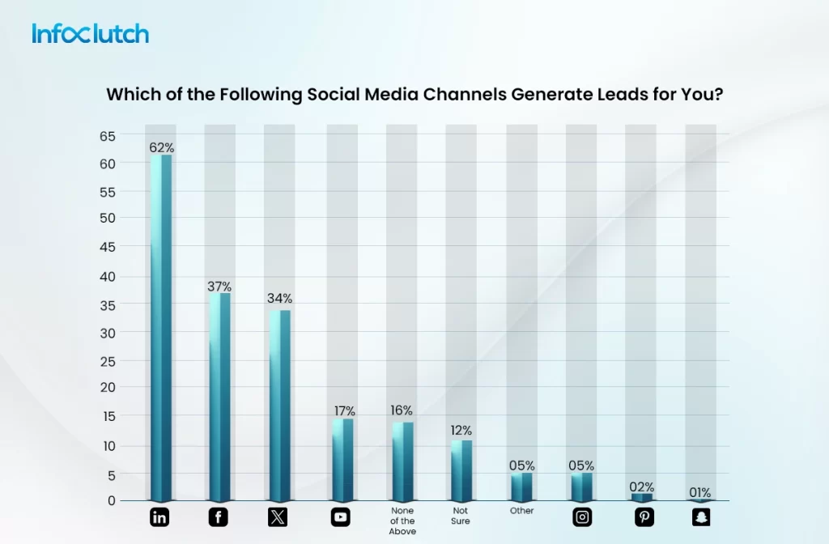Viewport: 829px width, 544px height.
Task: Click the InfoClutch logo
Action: tap(91, 33)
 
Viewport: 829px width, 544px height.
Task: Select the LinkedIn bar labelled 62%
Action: tap(160, 328)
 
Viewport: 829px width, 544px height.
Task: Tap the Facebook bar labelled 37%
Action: tap(219, 397)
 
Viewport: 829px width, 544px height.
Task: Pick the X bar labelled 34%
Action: tap(279, 405)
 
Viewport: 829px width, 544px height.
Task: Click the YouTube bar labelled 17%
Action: tap(342, 459)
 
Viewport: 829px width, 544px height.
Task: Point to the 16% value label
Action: tap(401, 410)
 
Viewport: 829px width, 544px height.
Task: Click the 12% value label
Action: tap(461, 430)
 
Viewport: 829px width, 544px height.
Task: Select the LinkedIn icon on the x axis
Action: tap(160, 517)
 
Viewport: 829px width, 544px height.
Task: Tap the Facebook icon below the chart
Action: tap(219, 517)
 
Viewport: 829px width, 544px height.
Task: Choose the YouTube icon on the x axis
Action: tap(342, 517)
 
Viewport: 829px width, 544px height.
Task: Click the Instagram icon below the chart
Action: tap(581, 517)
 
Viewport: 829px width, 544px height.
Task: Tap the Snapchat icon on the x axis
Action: tap(701, 517)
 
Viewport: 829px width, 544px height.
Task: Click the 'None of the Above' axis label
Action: tap(402, 521)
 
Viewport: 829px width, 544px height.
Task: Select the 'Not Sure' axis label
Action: tap(461, 516)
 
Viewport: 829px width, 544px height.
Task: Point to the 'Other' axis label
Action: tap(522, 511)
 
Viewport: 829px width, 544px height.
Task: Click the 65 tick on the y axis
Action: tap(108, 135)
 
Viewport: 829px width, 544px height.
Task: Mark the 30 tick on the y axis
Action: tap(108, 332)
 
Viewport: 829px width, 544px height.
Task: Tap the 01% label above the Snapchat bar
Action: tap(700, 492)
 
